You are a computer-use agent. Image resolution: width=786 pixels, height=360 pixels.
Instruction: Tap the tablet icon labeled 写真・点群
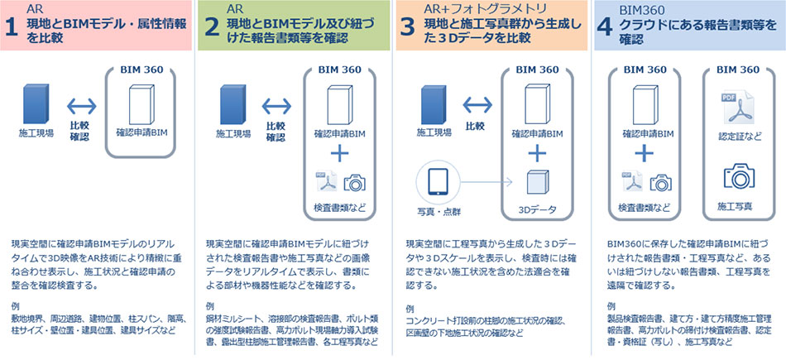click(x=438, y=181)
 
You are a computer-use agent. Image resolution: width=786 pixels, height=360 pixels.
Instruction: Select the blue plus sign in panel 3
click(x=537, y=152)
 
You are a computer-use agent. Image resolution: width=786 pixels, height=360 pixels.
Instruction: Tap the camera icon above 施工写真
click(x=735, y=176)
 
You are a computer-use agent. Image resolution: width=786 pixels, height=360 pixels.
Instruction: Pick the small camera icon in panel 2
click(x=355, y=183)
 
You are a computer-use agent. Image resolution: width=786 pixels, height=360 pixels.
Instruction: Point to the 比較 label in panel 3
click(x=475, y=127)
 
